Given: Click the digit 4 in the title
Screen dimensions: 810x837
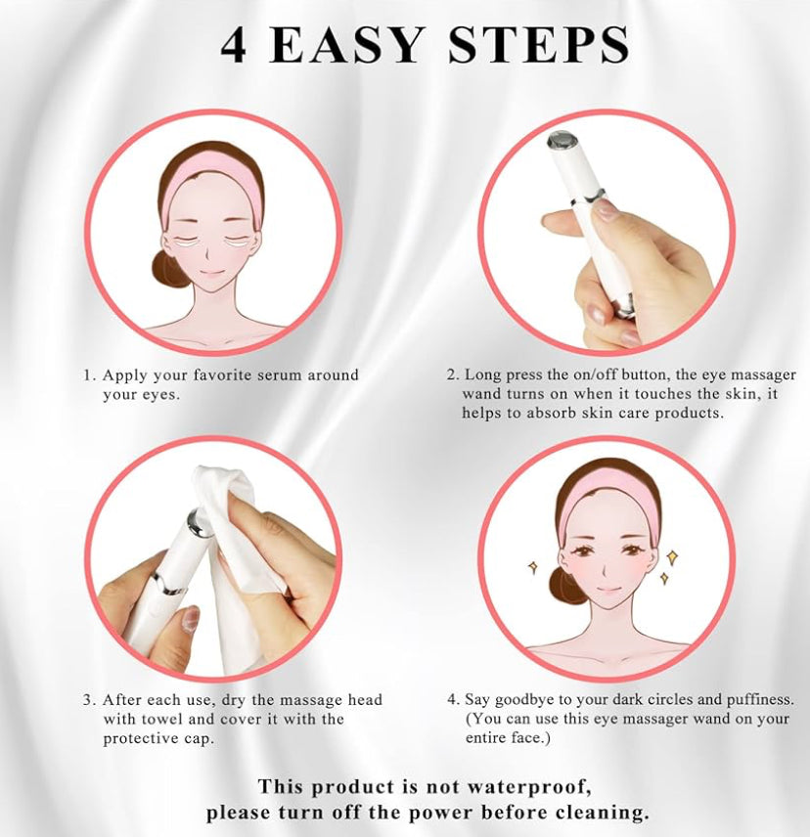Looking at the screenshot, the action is (x=234, y=45).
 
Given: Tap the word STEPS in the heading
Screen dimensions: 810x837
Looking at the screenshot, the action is (x=538, y=45).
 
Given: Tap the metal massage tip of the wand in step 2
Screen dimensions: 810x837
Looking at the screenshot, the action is (x=559, y=140).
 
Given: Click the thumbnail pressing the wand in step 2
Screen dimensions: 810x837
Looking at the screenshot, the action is (x=606, y=208).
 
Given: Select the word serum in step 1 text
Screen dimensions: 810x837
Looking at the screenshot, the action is (x=281, y=374).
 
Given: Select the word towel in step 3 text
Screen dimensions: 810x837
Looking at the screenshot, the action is (x=162, y=719).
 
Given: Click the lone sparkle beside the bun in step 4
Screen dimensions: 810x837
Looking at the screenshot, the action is (x=532, y=567).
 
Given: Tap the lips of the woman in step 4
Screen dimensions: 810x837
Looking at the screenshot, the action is (x=607, y=591).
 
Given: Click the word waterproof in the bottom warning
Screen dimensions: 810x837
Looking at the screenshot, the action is (x=529, y=787).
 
